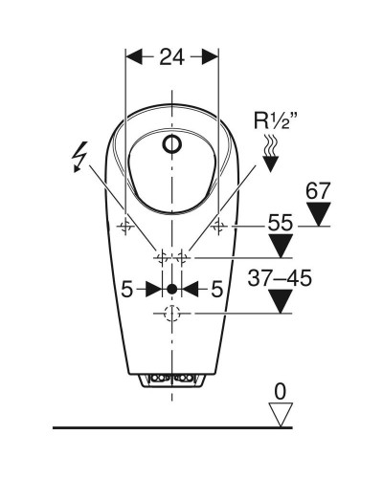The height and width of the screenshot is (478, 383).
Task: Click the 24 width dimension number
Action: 172,57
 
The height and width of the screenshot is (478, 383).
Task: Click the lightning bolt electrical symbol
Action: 79,157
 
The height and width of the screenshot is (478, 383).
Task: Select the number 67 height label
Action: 318,191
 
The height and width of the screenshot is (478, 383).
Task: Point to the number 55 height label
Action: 280,222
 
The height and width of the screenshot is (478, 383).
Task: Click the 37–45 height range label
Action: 280,277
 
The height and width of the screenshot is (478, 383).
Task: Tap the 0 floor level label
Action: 281,392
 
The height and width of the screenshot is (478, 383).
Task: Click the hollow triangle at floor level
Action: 281,414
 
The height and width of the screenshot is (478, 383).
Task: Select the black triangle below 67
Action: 318,214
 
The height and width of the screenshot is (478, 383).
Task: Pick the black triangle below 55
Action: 281,246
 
